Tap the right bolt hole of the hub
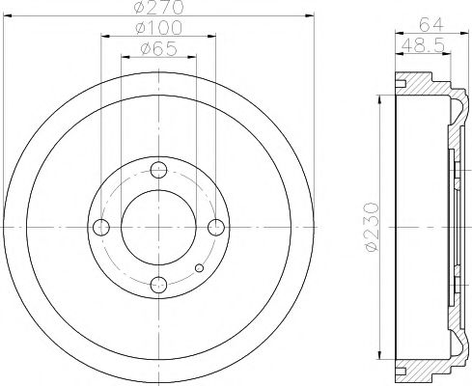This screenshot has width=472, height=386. tap(216, 227)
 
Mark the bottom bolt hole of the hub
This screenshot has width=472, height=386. tap(159, 284)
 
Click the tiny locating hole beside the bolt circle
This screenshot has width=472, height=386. tap(198, 267)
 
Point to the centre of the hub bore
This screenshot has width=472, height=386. tap(159, 227)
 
